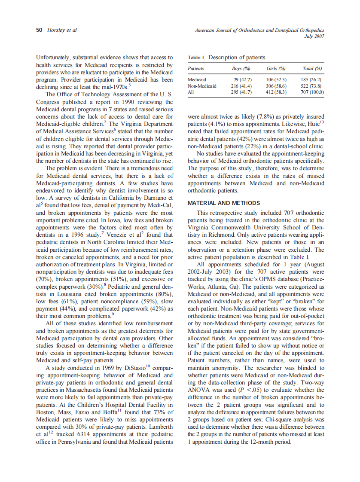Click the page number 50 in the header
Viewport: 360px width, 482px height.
(39, 30)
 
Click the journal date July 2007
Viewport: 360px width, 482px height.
(314, 37)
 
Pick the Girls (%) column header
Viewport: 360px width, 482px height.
(276, 69)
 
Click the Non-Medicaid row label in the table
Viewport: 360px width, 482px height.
(202, 86)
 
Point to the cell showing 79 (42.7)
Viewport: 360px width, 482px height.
(242, 80)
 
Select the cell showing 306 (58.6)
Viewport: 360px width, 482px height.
(276, 86)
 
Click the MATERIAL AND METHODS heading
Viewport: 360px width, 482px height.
(223, 203)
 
